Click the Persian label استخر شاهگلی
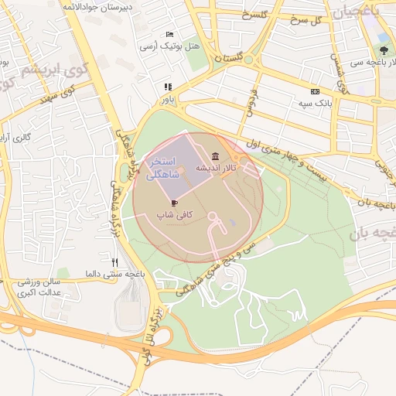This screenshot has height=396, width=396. (164, 169)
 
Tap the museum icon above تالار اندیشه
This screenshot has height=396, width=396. (213, 157)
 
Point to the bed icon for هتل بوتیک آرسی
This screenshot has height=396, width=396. (169, 35)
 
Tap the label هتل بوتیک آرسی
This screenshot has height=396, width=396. (169, 46)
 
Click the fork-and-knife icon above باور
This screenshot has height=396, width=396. (167, 87)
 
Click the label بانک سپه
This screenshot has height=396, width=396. (316, 102)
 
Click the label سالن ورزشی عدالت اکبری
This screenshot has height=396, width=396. (45, 288)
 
